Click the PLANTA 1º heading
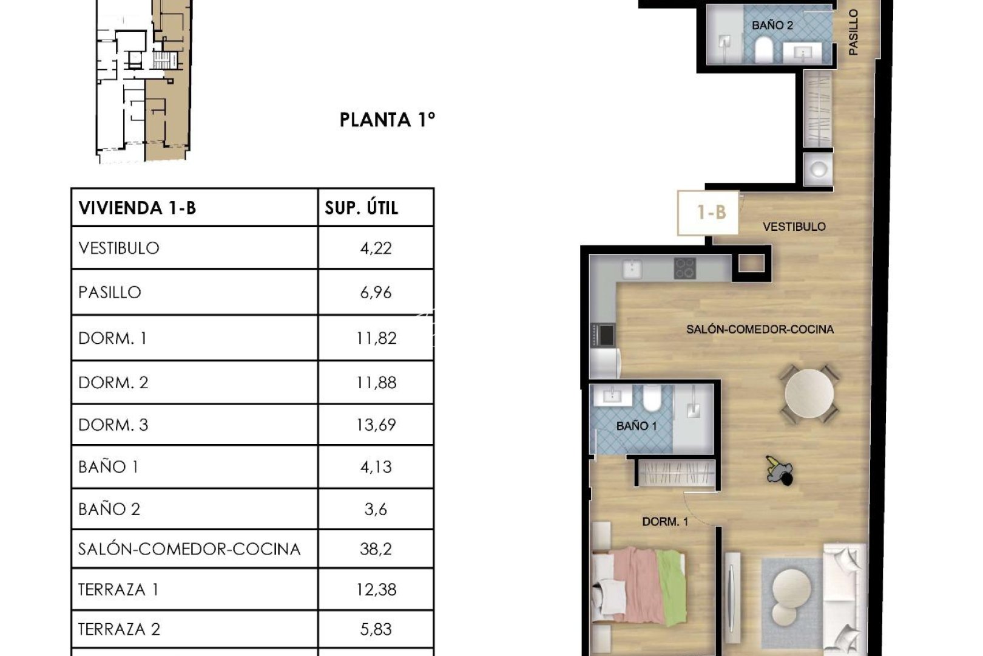click(387, 120)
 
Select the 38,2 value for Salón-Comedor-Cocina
click(376, 549)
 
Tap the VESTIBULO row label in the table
click(119, 248)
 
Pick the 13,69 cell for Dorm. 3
click(376, 425)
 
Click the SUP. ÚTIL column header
click(362, 208)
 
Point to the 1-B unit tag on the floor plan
click(711, 212)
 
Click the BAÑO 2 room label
click(772, 26)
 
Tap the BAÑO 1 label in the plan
click(636, 426)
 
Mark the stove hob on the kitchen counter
click(684, 268)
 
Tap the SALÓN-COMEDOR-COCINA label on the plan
click(760, 329)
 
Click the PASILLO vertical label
click(853, 32)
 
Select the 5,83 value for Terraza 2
click(376, 629)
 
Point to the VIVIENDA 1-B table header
click(138, 208)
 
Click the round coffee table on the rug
click(792, 591)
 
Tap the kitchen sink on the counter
click(632, 268)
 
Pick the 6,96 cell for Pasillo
click(376, 292)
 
